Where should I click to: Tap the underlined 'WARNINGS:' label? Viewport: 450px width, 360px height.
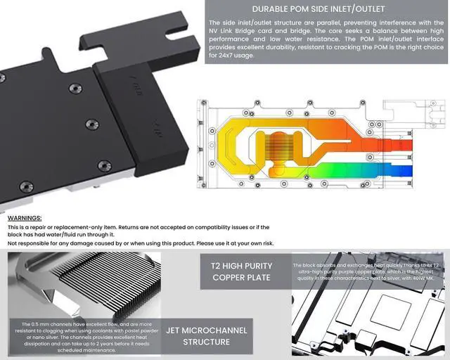(25, 219)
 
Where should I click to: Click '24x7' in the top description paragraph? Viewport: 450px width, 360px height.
(220, 55)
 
